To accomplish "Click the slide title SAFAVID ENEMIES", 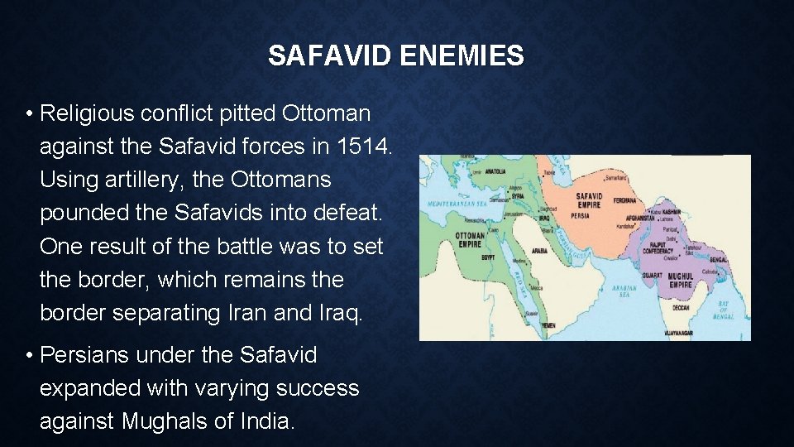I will (395, 55).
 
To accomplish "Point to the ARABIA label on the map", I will (538, 249).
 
